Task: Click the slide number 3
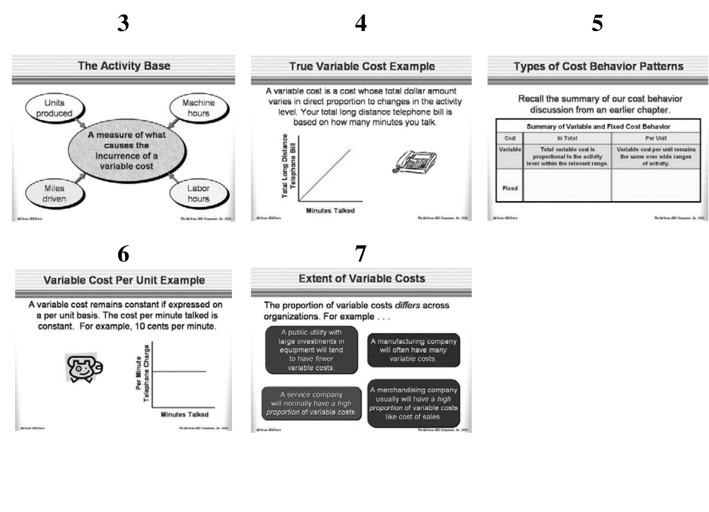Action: tap(123, 23)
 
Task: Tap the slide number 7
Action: tap(360, 253)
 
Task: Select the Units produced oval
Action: tap(54, 108)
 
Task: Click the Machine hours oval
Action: tap(198, 108)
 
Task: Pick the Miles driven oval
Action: tap(54, 193)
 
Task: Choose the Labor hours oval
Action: tap(198, 193)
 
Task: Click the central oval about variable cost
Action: tap(127, 151)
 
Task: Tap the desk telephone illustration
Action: tap(415, 162)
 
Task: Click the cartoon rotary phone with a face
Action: tap(84, 368)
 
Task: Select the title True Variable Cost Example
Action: tap(362, 66)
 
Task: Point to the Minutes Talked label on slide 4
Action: tap(330, 211)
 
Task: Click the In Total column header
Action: tap(567, 138)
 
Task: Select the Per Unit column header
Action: tap(656, 138)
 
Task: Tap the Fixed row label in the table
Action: tap(510, 188)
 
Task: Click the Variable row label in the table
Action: tap(510, 149)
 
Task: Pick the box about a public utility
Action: tap(311, 350)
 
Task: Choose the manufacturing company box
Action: tap(413, 350)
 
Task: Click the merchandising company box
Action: tap(413, 403)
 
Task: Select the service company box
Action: tap(311, 403)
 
